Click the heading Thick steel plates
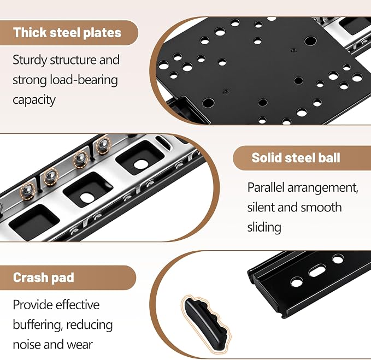(67, 32)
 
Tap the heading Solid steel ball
(296, 157)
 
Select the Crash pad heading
(44, 278)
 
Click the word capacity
(34, 100)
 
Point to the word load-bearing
(84, 80)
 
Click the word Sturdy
(30, 60)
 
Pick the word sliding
(264, 227)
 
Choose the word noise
(27, 344)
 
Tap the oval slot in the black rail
(317, 272)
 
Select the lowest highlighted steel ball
(27, 191)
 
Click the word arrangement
(323, 188)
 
